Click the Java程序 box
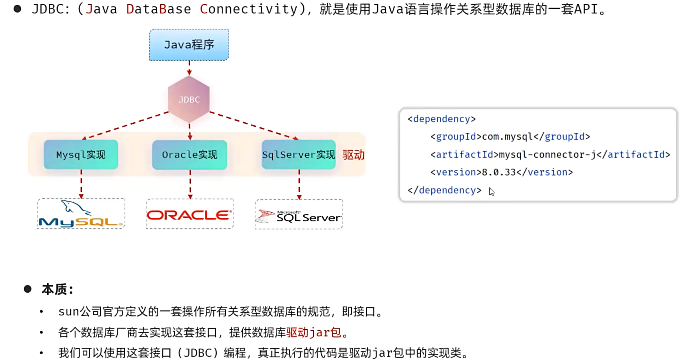tap(189, 45)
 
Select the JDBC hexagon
tap(189, 99)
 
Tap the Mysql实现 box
tap(81, 155)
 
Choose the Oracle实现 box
tap(190, 155)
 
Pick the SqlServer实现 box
tap(299, 155)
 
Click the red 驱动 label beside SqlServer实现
tap(353, 155)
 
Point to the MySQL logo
tap(81, 214)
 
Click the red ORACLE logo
tap(190, 215)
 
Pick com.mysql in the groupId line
tap(507, 137)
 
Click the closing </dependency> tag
tap(445, 190)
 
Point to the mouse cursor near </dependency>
tap(491, 191)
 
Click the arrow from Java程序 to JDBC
tap(189, 67)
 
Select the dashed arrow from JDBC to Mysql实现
tap(126, 125)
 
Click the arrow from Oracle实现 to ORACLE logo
tap(190, 184)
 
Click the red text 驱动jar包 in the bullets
tap(314, 332)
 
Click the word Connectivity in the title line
tap(249, 9)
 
